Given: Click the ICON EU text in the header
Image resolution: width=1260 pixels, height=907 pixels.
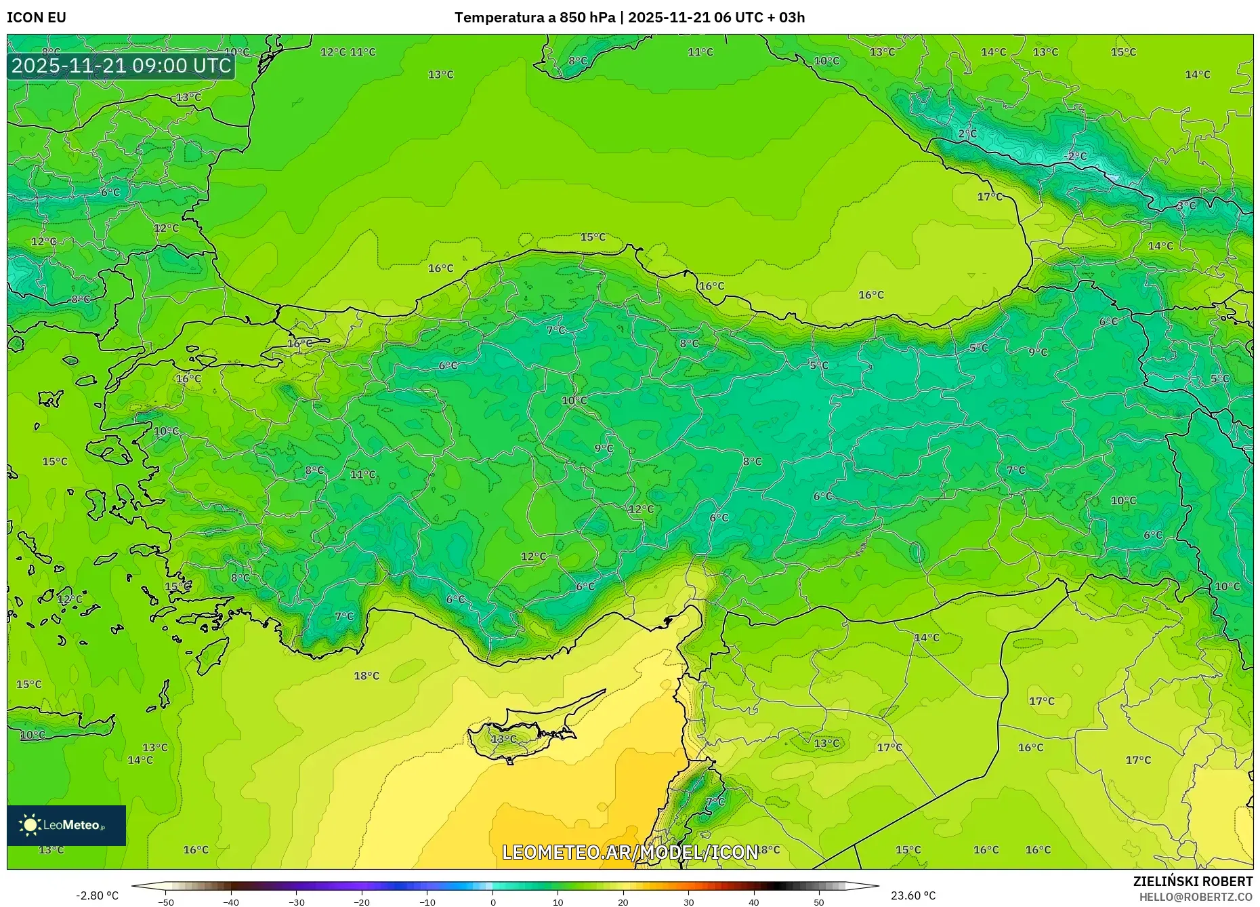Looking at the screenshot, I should coord(37,18).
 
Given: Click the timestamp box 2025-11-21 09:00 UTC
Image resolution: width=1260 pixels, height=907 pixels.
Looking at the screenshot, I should coord(121,66).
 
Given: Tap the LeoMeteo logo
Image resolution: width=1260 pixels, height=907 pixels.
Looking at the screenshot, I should coord(66,825).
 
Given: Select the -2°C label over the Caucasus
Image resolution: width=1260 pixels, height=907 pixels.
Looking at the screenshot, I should coord(1075,157).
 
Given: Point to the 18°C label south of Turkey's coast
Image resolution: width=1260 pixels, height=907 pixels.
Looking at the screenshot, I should coord(366,676).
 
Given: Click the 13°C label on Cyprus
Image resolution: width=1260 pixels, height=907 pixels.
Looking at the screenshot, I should coord(503,739).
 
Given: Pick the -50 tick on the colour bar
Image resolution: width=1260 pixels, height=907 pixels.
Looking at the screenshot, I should coord(166,902).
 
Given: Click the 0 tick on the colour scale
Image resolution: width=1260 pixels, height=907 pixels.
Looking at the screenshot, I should coord(493,902).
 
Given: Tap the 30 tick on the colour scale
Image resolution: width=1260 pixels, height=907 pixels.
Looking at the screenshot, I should coord(689,902).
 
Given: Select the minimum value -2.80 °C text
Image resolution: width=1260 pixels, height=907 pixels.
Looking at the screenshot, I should coord(97,895).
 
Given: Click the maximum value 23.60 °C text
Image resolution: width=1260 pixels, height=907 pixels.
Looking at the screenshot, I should coord(913,895).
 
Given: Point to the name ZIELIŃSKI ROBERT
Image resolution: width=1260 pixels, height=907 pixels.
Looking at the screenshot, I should coord(1192,881).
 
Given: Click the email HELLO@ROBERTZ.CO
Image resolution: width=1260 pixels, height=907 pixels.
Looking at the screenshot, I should coord(1196,897).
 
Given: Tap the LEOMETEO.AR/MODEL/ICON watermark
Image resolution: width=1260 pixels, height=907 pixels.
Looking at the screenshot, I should coord(630,852).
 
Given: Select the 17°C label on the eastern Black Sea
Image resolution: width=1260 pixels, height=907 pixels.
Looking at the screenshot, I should coord(990,197).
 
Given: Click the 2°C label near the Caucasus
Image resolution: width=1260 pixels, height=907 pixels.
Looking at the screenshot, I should coord(967,134).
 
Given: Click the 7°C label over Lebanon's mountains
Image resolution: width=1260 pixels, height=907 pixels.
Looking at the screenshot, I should coord(715,801).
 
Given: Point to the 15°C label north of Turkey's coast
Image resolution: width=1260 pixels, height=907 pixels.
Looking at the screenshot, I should coord(593,237).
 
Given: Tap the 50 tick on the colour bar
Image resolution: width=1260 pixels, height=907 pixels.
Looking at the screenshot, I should coord(819,902).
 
